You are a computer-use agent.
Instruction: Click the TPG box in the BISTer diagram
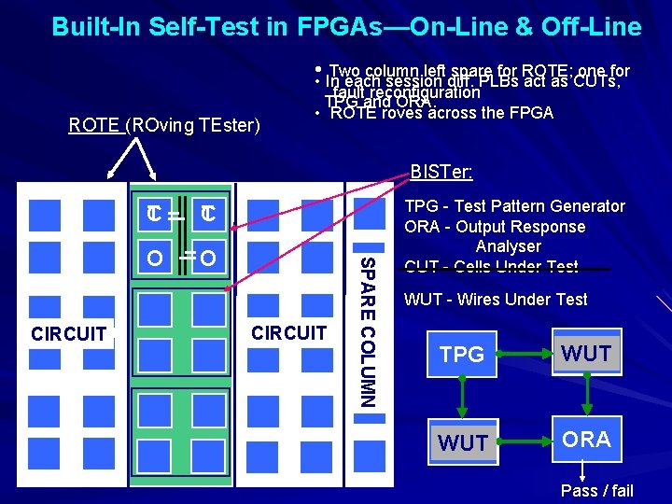462,354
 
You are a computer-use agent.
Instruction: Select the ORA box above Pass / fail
586,440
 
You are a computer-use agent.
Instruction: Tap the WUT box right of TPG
586,354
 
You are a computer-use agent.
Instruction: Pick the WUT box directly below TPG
462,441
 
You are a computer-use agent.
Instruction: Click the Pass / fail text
596,491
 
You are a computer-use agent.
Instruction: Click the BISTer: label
441,172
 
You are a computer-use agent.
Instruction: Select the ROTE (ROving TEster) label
164,124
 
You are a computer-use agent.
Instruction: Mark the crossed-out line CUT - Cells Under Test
491,267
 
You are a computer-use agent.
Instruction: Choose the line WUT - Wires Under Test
496,300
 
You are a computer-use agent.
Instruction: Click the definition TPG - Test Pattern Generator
514,206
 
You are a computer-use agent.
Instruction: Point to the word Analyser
508,246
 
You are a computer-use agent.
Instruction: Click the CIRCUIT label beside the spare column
289,332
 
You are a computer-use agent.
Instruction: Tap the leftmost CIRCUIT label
68,333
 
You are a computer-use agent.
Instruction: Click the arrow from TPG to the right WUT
524,354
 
